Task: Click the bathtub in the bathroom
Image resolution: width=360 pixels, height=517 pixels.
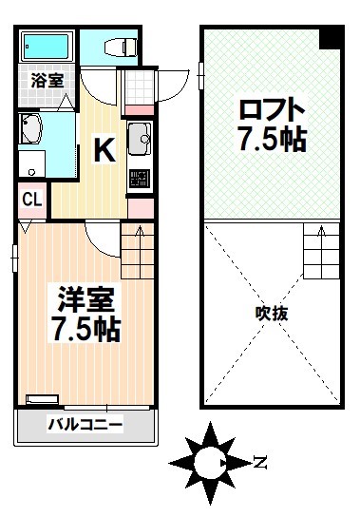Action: click(x=48, y=46)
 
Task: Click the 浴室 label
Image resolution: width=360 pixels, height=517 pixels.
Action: click(x=47, y=81)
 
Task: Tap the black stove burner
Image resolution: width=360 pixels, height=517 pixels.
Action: click(x=139, y=178)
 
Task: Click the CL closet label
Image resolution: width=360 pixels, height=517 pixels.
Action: click(x=30, y=200)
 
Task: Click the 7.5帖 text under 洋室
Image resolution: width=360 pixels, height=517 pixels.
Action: click(x=85, y=331)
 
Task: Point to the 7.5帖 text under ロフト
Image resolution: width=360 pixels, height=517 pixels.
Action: click(x=271, y=141)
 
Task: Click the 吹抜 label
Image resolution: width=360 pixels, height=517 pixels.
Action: click(x=271, y=313)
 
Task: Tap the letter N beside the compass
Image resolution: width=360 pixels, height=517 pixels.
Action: click(x=258, y=464)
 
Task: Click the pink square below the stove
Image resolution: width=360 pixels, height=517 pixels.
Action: click(x=139, y=205)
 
